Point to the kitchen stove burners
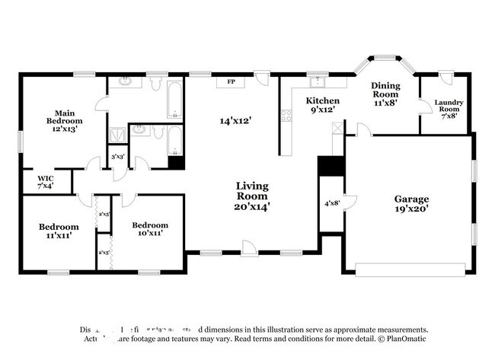pos(286,116)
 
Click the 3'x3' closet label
pos(118,157)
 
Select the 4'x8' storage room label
pos(332,202)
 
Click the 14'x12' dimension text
pos(235,120)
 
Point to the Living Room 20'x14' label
pos(252,196)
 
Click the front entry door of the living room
pos(249,247)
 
